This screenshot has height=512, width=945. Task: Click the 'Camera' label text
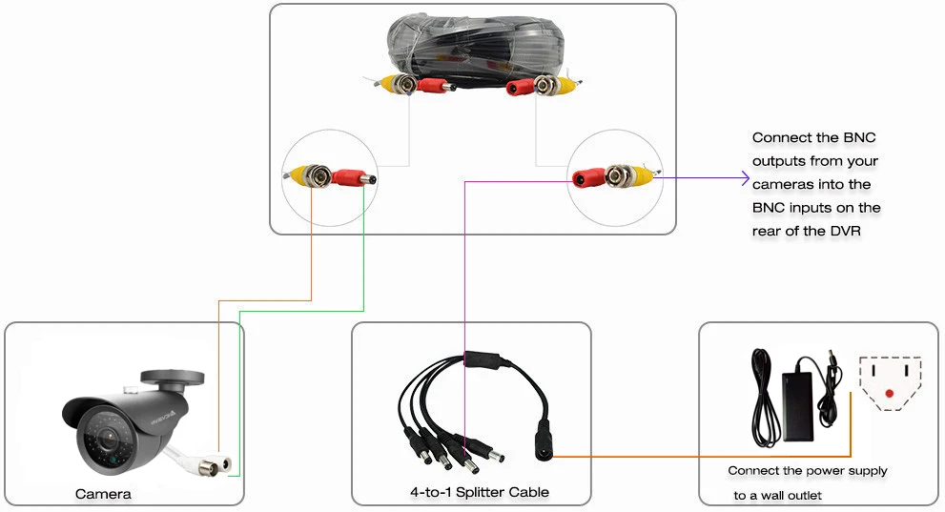pos(103,495)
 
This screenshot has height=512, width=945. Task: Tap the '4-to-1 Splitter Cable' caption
pos(479,492)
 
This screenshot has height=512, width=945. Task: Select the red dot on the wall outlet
pos(889,394)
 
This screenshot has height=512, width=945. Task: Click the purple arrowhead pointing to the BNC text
pos(745,178)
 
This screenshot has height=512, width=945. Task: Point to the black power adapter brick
pos(797,405)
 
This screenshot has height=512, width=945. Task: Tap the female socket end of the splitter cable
pos(543,441)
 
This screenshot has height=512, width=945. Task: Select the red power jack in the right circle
pos(588,178)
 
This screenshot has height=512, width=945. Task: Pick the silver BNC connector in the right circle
pos(618,175)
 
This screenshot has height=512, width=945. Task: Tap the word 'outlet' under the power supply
pos(802,496)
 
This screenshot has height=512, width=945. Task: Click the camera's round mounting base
pos(173,378)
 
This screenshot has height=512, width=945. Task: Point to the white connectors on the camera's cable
pos(215,465)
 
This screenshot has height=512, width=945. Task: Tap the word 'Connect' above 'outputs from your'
pos(782,138)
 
